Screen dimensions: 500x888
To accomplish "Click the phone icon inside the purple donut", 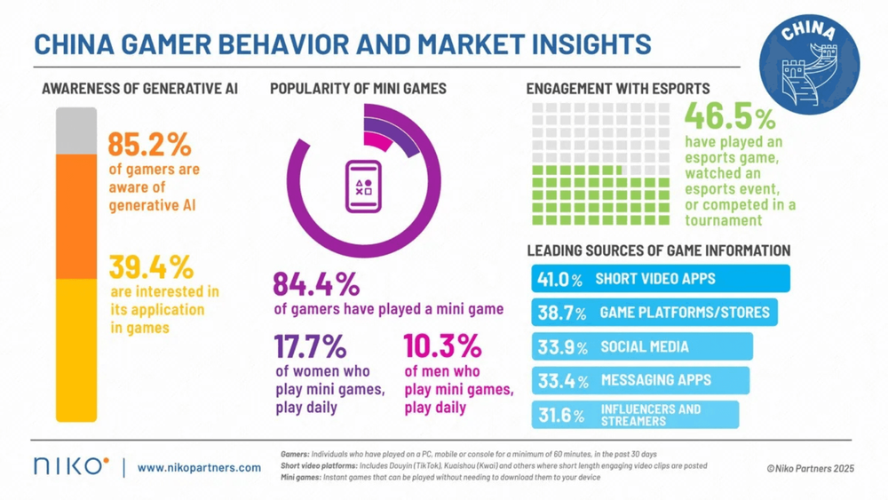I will point(364,186).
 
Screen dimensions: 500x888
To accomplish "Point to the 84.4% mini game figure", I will point(316,284).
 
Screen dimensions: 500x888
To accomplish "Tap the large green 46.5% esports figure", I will point(730,117).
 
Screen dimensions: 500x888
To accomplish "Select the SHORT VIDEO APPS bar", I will point(661,279).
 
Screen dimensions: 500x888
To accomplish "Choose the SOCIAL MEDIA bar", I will point(641,346).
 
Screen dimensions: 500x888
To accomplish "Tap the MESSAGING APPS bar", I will point(639,381).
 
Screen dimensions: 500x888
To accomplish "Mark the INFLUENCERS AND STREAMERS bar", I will point(635,415).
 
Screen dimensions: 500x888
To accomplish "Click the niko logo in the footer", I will point(71,466).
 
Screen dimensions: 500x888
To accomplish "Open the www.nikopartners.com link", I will point(199,467).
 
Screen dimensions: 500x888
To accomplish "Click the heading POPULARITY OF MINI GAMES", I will point(358,89).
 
